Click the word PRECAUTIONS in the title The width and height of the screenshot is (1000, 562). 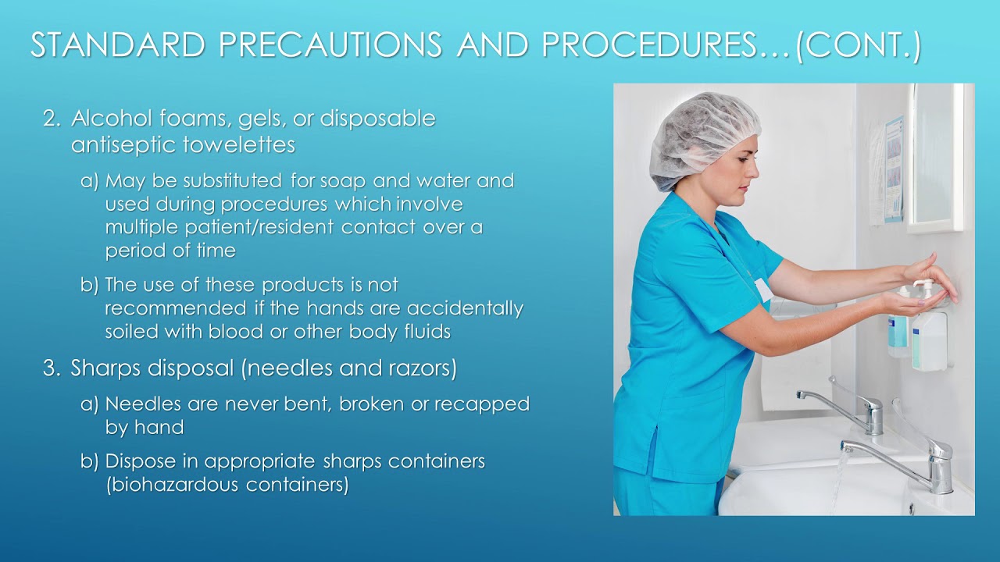(331, 45)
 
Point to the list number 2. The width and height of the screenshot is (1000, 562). (51, 119)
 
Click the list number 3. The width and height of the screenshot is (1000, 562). (51, 368)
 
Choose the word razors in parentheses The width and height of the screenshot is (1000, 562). (425, 368)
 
